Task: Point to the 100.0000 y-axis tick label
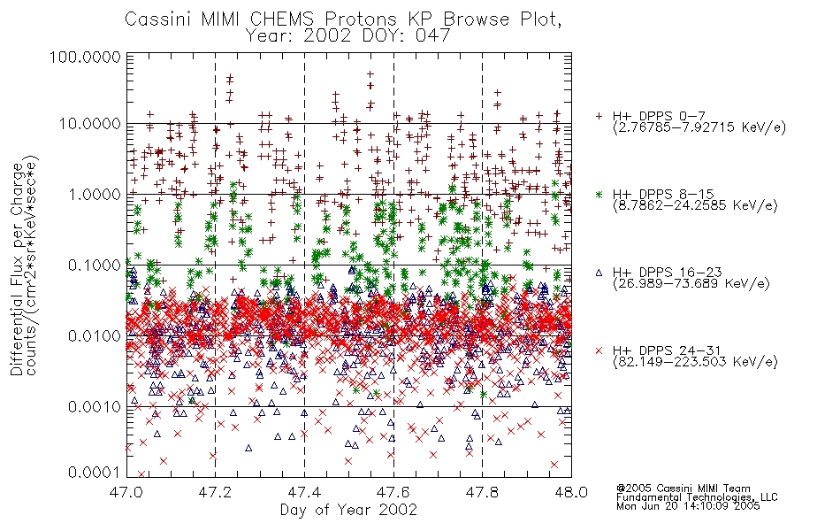[x=85, y=57]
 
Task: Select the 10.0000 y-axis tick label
[x=90, y=124]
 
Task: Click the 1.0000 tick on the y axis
[x=95, y=194]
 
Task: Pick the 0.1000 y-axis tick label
[x=95, y=265]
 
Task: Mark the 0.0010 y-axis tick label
[x=95, y=406]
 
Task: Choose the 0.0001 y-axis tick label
[x=95, y=473]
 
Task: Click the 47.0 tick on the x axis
[x=127, y=492]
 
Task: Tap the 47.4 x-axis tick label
[x=305, y=492]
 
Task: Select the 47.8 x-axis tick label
[x=482, y=492]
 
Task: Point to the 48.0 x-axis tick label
[x=571, y=492]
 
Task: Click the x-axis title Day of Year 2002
[x=348, y=510]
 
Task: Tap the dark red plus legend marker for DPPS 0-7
[x=599, y=116]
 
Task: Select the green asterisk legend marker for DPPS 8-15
[x=599, y=194]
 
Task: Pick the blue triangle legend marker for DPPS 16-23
[x=599, y=273]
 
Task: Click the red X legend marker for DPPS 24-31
[x=599, y=350]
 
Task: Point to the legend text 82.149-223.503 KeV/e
[x=695, y=362]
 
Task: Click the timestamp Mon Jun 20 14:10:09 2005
[x=688, y=506]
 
